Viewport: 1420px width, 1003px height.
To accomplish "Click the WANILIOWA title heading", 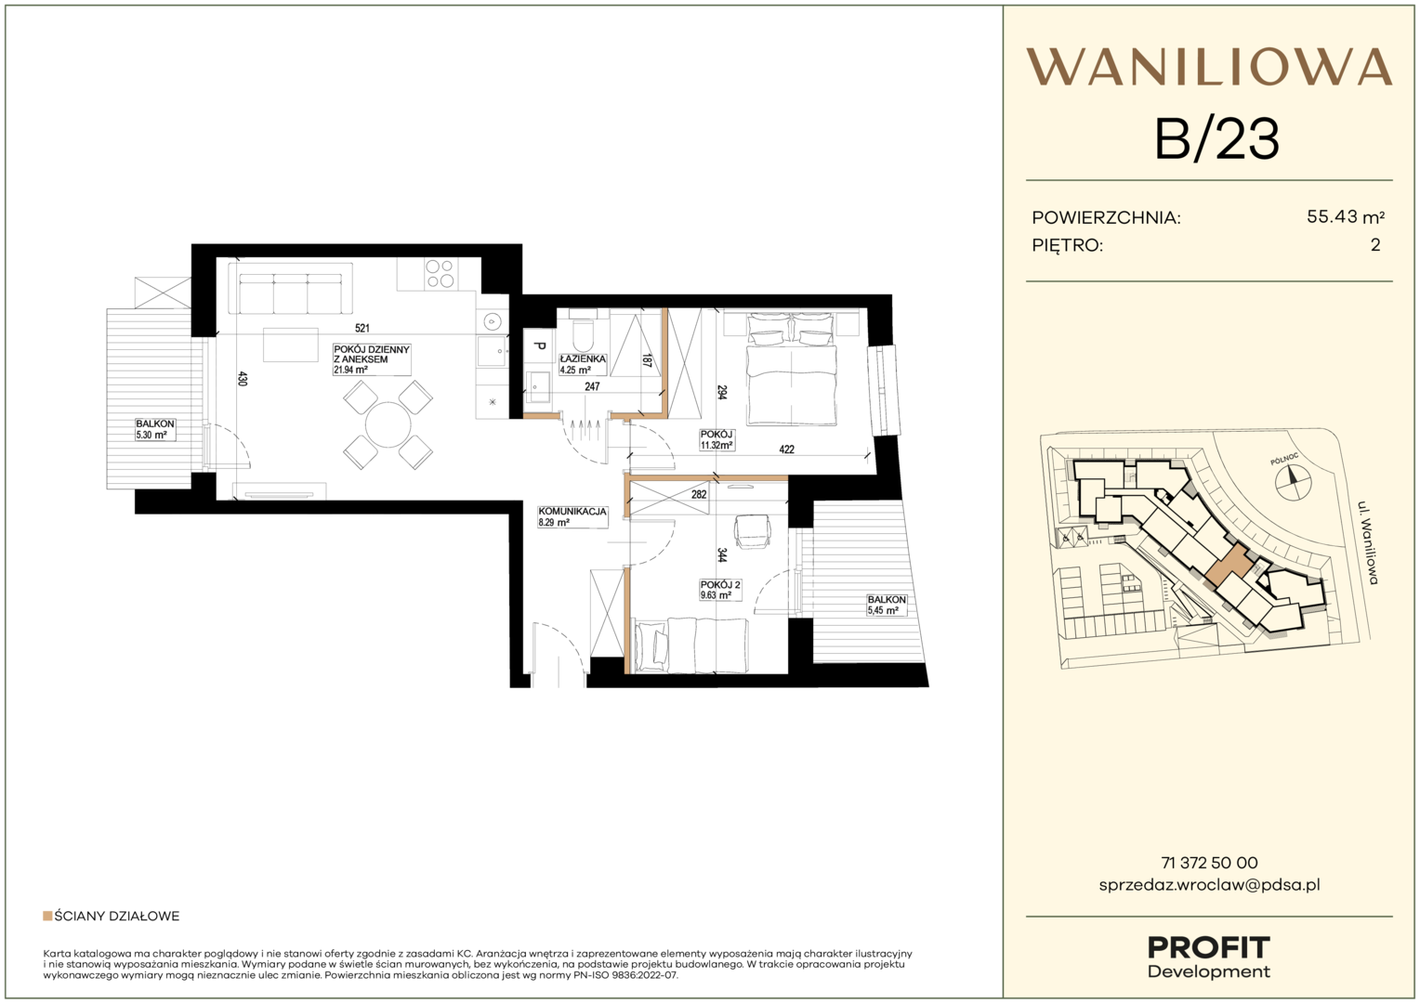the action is (1209, 67).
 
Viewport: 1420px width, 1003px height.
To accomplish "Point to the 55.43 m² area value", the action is (1346, 217).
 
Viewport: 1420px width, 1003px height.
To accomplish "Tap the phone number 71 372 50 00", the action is (1210, 863).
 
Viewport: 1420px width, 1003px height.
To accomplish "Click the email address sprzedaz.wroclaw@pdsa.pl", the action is (1210, 885).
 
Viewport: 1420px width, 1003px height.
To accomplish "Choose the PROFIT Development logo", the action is (1209, 957).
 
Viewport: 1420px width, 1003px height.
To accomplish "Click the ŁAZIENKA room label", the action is (583, 358).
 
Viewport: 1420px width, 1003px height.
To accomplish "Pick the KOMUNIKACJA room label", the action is (572, 512).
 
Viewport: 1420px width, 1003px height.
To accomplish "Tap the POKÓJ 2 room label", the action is (720, 585).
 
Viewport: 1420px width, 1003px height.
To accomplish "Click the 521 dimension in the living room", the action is (362, 328).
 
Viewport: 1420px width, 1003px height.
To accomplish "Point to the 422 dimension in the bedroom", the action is (787, 449).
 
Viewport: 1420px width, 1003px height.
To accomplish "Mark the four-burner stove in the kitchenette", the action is (440, 274).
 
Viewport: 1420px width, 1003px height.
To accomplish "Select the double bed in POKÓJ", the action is (792, 369).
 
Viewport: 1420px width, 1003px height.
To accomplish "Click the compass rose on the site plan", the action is (1293, 483).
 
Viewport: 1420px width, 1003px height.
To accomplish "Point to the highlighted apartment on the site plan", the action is (1228, 565).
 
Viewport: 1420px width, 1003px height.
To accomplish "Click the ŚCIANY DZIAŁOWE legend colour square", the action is (46, 916).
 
